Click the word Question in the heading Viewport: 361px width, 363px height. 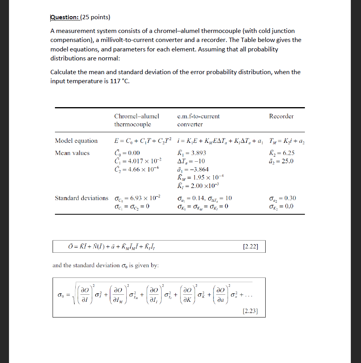coord(64,17)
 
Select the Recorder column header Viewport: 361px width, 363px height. coord(281,116)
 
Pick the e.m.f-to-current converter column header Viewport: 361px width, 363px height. coord(198,120)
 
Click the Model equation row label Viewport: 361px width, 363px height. coord(76,141)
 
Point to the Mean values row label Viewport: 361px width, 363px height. coord(72,153)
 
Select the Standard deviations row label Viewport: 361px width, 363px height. coord(82,198)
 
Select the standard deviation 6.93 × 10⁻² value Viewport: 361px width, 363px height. coord(137,198)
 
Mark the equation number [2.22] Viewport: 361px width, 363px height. coord(250,247)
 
